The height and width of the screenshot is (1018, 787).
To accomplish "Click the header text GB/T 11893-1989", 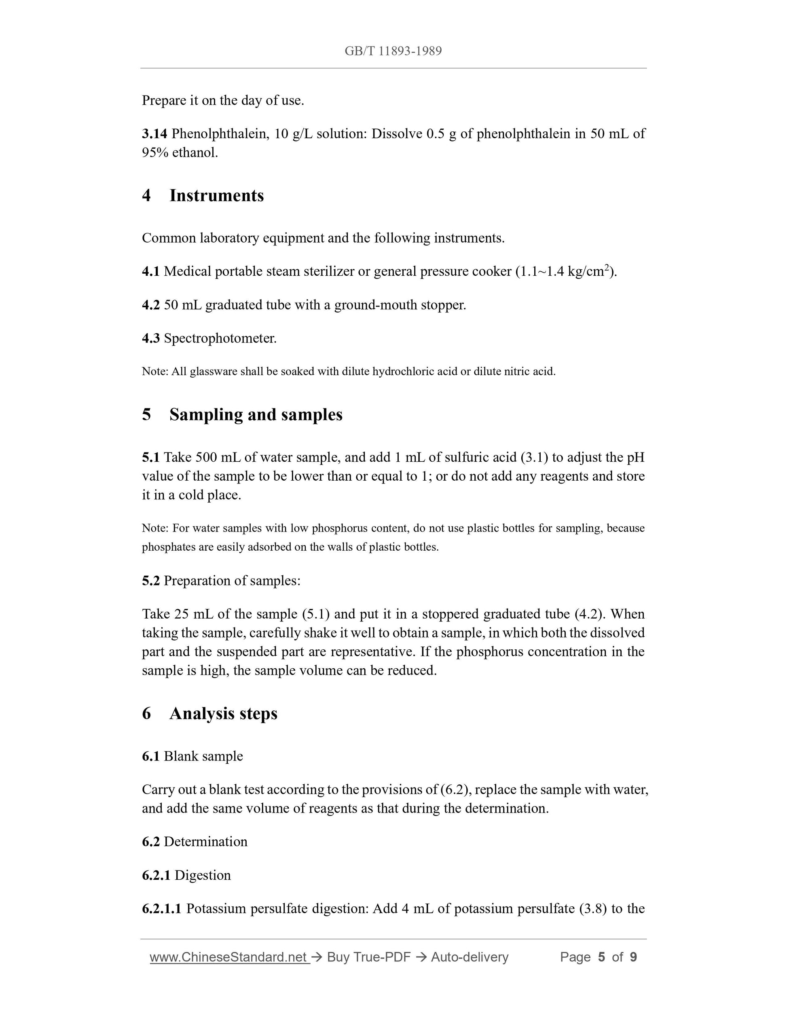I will pos(393,51).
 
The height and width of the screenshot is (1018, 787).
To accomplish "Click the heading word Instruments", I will pos(216,195).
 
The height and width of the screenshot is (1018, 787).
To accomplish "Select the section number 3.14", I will pos(154,134).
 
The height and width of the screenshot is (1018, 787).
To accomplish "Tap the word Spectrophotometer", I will pos(220,338).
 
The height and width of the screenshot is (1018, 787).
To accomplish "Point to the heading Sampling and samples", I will pos(256,414).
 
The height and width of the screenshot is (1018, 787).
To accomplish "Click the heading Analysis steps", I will pos(223,714).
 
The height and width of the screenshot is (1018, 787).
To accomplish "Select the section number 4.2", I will pos(150,305).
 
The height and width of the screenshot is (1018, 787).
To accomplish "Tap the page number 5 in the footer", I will pos(601,957).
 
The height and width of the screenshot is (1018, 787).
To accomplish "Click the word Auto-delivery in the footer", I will pos(470,957).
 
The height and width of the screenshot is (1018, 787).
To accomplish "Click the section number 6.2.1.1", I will pos(161,908).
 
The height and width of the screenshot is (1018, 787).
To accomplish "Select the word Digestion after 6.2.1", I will pos(202,875).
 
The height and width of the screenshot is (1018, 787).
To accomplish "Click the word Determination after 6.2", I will pos(205,841).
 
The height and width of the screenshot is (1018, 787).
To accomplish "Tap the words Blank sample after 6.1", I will pos(203,756).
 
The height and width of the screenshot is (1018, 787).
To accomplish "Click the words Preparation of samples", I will pos(232,580).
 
